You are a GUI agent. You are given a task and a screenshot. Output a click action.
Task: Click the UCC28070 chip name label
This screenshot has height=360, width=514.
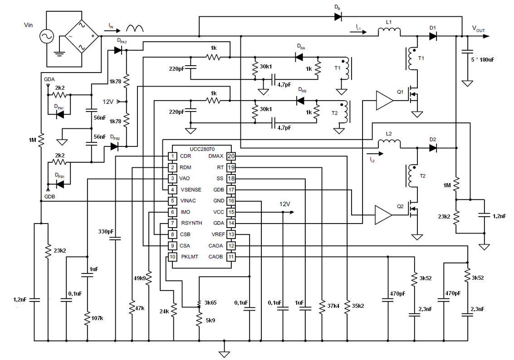pos(202,149)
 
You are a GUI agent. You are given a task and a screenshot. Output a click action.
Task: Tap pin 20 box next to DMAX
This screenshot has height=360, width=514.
pos(231,156)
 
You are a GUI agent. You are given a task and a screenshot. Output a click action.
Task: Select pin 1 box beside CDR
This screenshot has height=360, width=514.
pos(172,156)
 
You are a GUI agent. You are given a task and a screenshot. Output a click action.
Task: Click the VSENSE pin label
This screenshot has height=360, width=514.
pos(191,190)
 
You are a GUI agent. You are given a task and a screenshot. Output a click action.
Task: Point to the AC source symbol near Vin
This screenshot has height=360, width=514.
pos(47,36)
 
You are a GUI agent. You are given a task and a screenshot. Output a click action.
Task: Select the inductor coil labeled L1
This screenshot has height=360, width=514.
pos(389,32)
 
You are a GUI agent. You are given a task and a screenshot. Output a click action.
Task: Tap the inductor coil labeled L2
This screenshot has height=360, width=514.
pos(389,144)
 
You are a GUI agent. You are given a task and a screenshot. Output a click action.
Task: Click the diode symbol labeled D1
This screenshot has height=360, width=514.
pos(433,36)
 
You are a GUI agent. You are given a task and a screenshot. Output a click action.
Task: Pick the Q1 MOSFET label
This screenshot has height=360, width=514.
pos(400,92)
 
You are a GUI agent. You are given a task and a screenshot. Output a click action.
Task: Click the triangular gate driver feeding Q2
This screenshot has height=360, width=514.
pos(383,215)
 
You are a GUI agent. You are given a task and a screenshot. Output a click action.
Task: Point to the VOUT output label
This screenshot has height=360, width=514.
pos(478,29)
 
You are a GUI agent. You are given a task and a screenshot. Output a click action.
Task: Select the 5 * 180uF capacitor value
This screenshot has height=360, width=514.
pos(483,60)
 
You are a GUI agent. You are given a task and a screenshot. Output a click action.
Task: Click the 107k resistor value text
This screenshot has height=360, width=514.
pos(98,318)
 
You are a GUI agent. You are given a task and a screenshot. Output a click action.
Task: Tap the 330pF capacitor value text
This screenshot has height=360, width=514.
pos(106,232)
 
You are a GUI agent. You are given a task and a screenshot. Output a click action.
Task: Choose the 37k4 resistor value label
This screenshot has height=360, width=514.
pos(333,306)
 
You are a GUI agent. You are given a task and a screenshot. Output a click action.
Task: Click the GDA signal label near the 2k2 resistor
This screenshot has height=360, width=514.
pos(49,80)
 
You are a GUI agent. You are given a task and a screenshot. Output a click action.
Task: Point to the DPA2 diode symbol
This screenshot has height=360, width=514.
pos(118,50)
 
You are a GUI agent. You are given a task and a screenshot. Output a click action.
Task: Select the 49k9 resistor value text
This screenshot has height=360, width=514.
pos(140,278)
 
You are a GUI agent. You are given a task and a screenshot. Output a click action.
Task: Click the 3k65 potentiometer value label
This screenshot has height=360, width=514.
pos(210,303)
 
